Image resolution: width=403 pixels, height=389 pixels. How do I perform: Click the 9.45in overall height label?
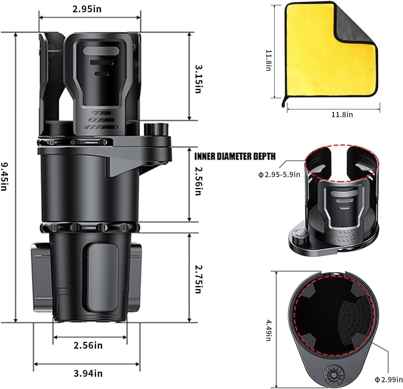(4, 176)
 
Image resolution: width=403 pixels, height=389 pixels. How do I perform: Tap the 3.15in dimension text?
(199, 79)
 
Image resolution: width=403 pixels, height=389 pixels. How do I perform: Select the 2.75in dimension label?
(199, 279)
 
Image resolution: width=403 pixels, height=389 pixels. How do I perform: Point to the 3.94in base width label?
(88, 373)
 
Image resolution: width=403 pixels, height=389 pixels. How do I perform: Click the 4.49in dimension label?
(268, 331)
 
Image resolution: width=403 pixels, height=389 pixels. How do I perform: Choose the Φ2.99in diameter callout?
(389, 379)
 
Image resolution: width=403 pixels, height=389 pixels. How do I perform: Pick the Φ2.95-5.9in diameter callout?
(279, 175)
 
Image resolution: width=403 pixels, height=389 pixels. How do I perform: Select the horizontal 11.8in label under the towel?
(342, 114)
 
